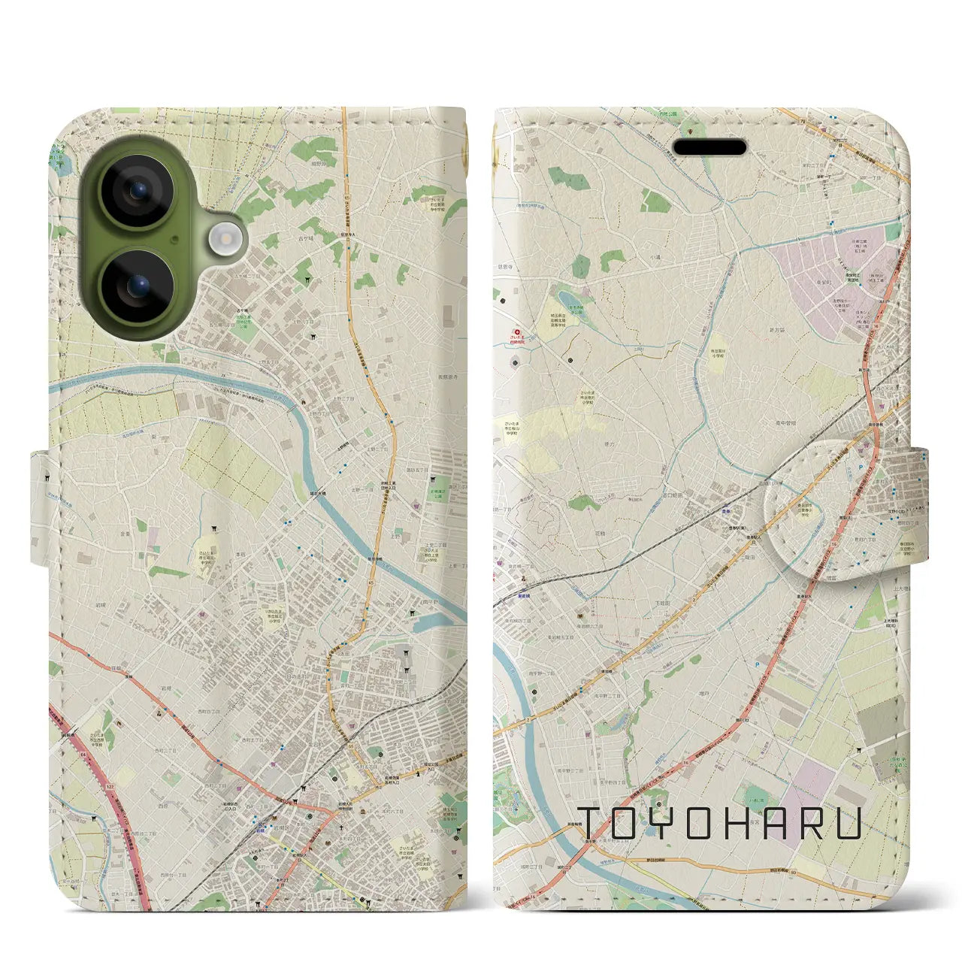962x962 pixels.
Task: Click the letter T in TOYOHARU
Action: pos(593,824)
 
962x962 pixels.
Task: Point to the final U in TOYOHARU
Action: pos(848,824)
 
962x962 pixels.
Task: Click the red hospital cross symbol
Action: pos(516,331)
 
